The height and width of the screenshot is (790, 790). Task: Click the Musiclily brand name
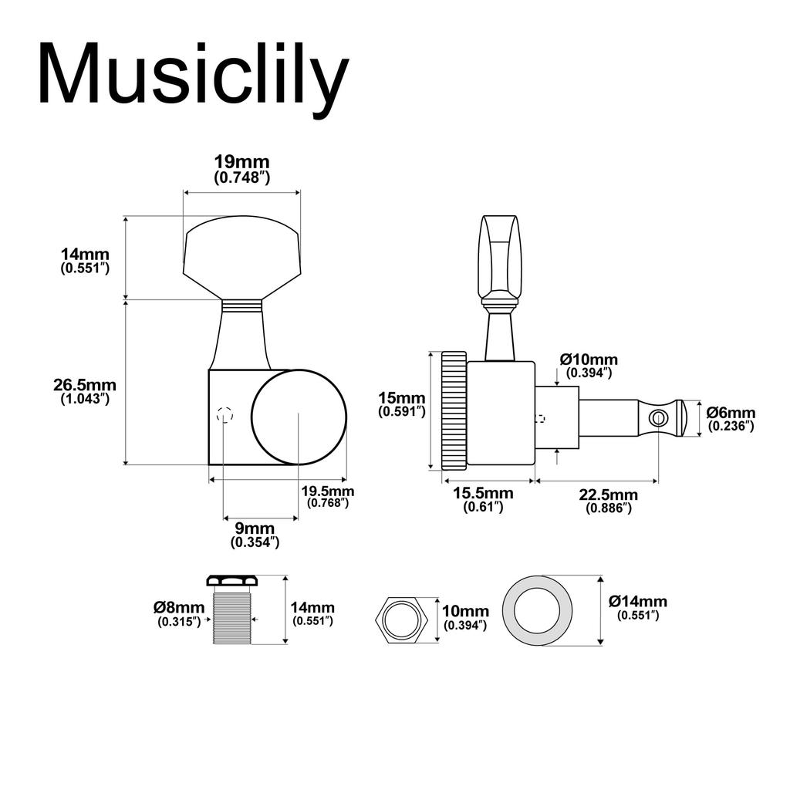pyautogui.click(x=193, y=75)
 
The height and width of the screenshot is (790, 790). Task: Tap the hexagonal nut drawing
pyautogui.click(x=402, y=618)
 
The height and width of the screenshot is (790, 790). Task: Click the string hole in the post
pyautogui.click(x=658, y=418)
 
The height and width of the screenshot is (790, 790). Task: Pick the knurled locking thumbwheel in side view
pyautogui.click(x=454, y=410)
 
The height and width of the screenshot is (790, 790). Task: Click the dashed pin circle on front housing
pyautogui.click(x=225, y=415)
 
